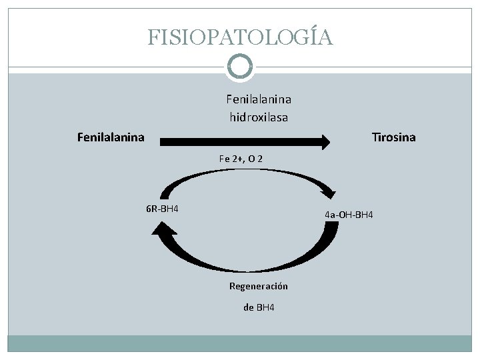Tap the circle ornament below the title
point(240,65)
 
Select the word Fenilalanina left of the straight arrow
point(111,138)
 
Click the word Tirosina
point(393,138)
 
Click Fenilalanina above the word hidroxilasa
point(259,99)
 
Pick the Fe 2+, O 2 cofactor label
point(245,159)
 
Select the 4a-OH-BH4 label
point(349,215)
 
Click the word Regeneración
point(259,285)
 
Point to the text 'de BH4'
point(259,307)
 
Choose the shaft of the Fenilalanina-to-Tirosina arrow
point(240,141)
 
